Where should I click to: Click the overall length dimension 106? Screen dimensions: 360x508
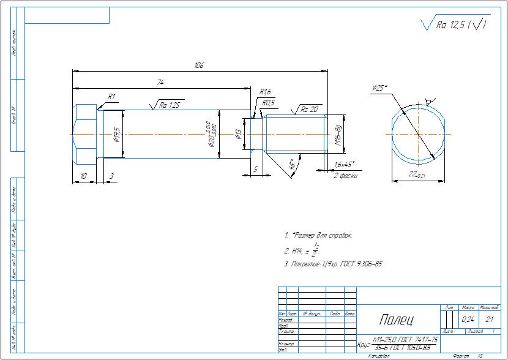pyautogui.click(x=198, y=65)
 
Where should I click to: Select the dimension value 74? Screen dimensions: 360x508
pyautogui.click(x=160, y=81)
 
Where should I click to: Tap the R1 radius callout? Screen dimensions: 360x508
pyautogui.click(x=112, y=97)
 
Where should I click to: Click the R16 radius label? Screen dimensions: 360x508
pyautogui.click(x=265, y=92)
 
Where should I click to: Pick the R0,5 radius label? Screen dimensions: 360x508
pyautogui.click(x=269, y=103)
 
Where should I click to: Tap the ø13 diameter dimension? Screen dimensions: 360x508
pyautogui.click(x=240, y=135)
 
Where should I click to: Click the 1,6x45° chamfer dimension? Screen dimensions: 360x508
pyautogui.click(x=343, y=165)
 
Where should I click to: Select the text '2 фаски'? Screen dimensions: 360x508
pyautogui.click(x=344, y=175)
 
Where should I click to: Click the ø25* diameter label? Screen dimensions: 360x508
pyautogui.click(x=379, y=88)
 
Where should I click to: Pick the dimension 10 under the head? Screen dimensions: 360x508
pyautogui.click(x=83, y=176)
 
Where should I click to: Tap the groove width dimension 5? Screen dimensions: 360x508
pyautogui.click(x=256, y=168)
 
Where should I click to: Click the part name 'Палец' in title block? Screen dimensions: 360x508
pyautogui.click(x=395, y=320)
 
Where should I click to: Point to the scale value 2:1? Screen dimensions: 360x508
pyautogui.click(x=489, y=320)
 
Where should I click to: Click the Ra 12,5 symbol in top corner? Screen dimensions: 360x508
pyautogui.click(x=454, y=25)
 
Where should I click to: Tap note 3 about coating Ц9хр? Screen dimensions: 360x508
pyautogui.click(x=334, y=264)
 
